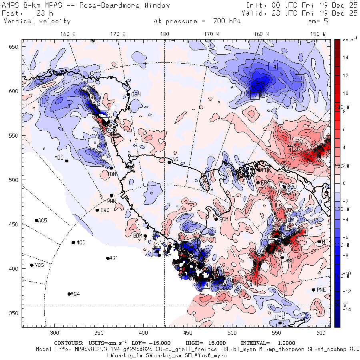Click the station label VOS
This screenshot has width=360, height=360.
coord(39,266)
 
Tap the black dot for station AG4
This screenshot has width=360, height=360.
coord(69,294)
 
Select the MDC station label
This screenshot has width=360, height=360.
coord(59,158)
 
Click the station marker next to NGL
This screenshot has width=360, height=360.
coord(169,162)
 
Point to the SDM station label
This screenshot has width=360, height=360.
coord(224,219)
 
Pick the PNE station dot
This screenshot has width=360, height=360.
coord(313,290)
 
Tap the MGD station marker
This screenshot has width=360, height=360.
coord(73,242)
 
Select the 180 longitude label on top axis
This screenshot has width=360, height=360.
coord(164,34)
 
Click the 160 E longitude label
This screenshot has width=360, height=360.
coord(68,34)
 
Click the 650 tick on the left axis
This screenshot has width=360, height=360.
coord(15,47)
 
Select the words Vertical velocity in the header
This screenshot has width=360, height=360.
coord(37,21)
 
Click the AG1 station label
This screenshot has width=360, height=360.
coord(114,258)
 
